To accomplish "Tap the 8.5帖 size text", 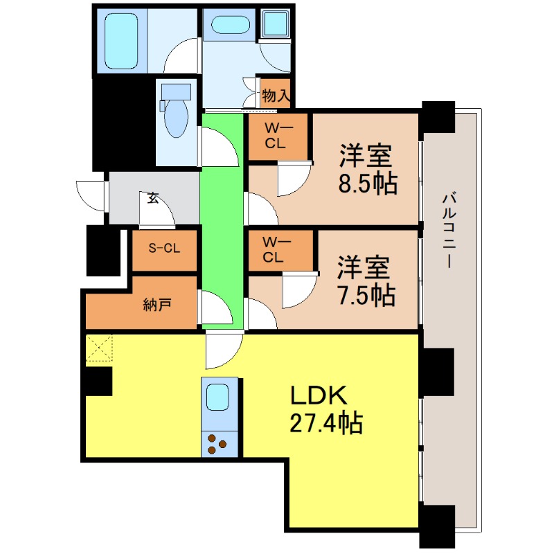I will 367,183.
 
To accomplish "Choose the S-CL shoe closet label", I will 164,248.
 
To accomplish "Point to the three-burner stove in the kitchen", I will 220,443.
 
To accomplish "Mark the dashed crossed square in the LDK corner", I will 98,348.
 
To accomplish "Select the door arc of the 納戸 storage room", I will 215,308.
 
